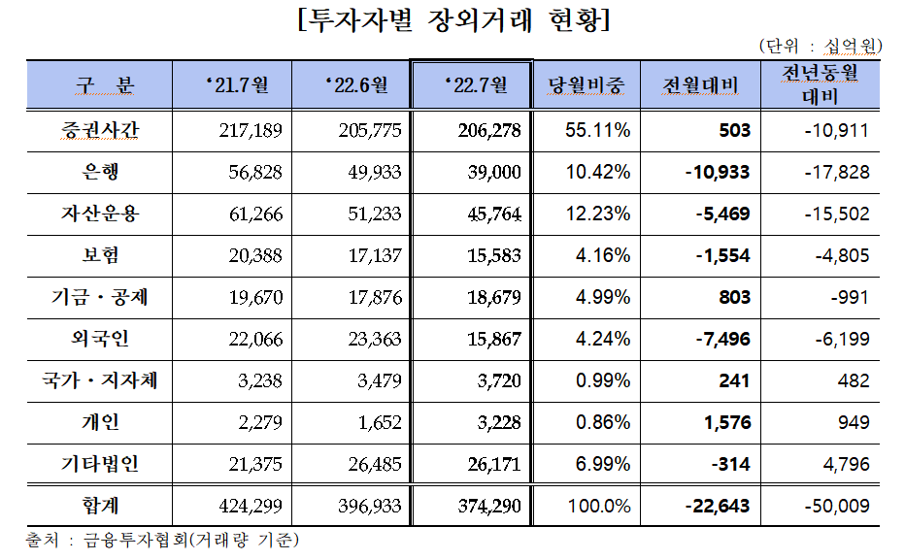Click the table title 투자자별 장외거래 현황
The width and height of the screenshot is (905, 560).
click(x=453, y=21)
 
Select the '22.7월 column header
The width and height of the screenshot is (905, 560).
click(x=473, y=85)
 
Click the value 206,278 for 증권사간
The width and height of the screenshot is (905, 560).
click(x=487, y=130)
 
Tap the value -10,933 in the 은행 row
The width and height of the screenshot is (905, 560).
click(x=717, y=172)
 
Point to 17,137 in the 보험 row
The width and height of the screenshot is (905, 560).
click(x=369, y=255)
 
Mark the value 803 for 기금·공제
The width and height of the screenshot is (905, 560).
click(x=734, y=297)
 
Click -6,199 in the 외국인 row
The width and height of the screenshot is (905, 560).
click(x=838, y=339)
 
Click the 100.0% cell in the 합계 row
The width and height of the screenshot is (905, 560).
click(x=600, y=507)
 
